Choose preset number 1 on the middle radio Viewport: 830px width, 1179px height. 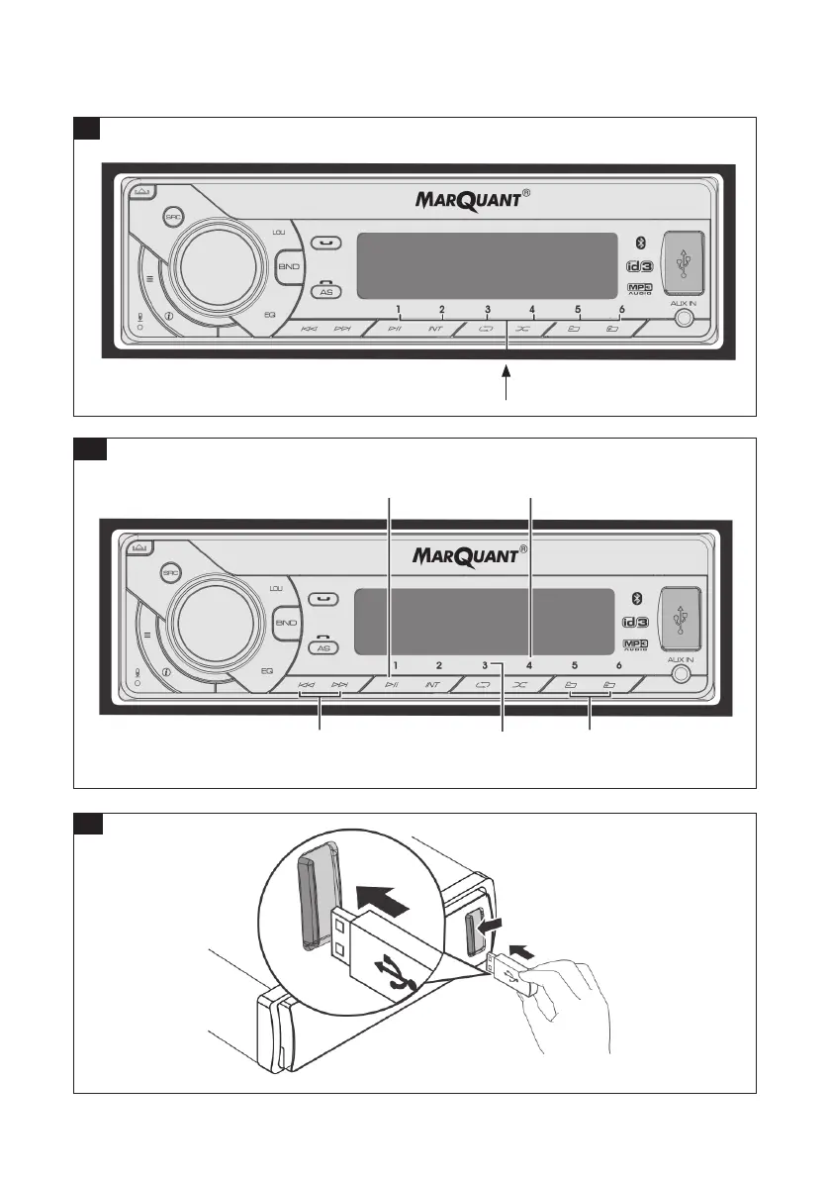coord(395,666)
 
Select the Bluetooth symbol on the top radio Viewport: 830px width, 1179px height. coord(639,242)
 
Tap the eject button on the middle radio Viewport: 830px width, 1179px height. coord(139,546)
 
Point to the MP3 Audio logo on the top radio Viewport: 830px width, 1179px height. coord(641,288)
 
